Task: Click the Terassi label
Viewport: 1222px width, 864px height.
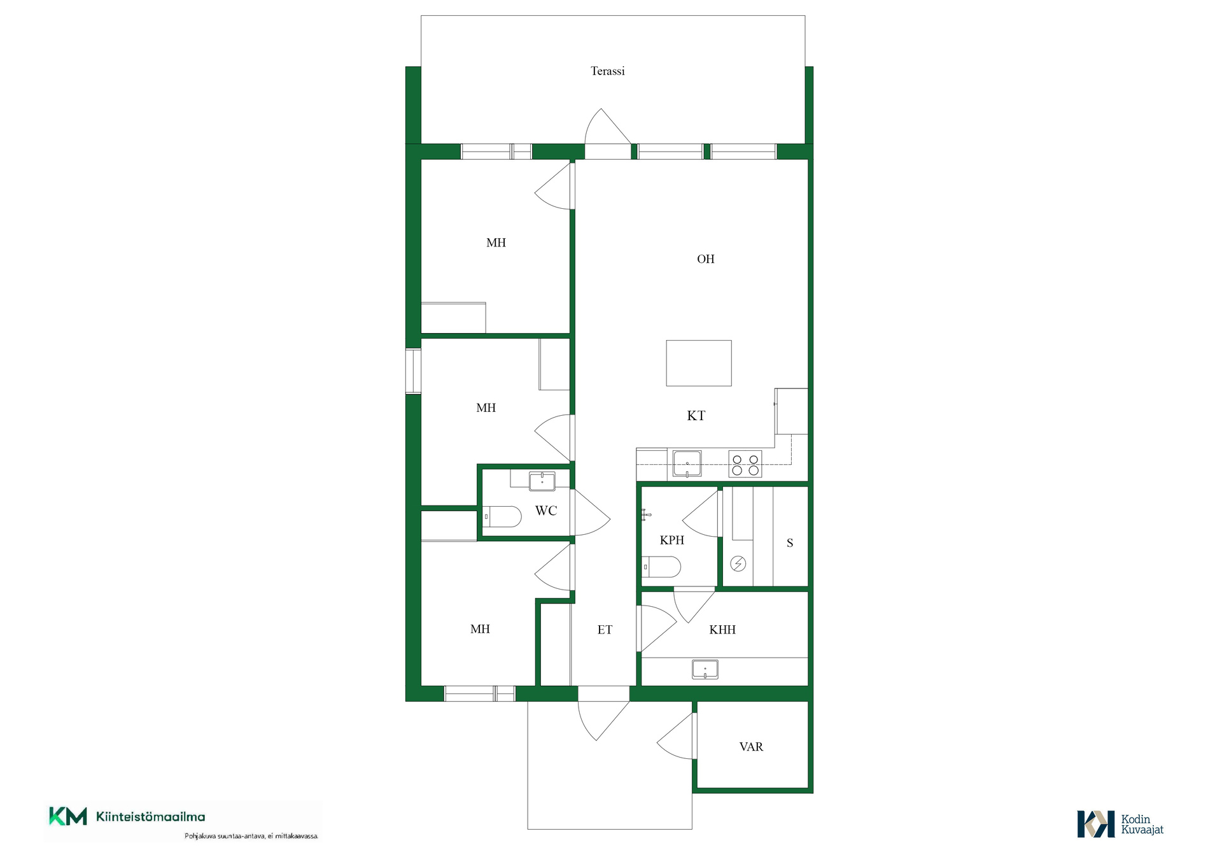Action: (607, 71)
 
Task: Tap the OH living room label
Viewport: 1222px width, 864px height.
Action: (705, 259)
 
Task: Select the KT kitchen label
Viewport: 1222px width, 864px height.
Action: (696, 416)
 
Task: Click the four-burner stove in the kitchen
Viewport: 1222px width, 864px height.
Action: (745, 465)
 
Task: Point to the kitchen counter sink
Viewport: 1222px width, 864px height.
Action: (687, 464)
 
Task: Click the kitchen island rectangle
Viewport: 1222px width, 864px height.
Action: (699, 363)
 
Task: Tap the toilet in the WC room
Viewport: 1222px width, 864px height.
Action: (502, 516)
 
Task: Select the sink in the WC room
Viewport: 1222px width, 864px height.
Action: (542, 481)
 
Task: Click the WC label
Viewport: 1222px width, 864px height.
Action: (546, 511)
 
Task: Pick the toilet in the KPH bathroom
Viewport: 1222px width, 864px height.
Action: (661, 566)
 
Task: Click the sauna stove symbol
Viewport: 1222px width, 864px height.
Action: (738, 563)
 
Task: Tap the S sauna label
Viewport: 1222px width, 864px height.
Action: (790, 543)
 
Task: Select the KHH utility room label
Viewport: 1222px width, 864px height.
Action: (722, 630)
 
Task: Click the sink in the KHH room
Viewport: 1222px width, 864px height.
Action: (705, 669)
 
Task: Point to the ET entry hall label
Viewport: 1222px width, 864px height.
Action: (605, 630)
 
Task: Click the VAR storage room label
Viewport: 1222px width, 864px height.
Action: (751, 747)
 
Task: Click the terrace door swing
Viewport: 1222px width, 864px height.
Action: (608, 126)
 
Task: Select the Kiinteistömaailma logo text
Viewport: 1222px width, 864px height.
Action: (151, 817)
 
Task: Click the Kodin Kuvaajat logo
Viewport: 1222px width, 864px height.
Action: (1120, 824)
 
